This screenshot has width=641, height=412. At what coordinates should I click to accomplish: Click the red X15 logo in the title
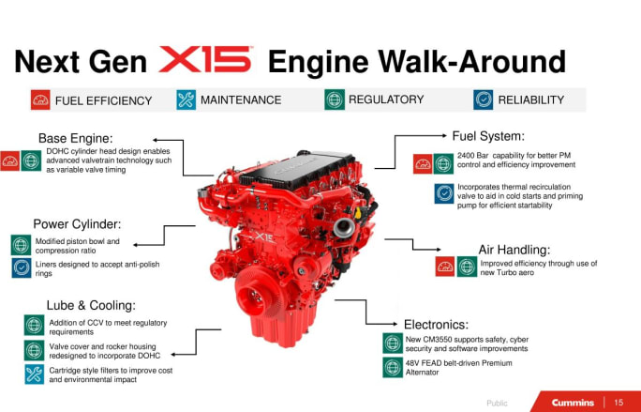[206, 61]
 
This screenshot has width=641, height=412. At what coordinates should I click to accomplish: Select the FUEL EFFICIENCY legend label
[103, 100]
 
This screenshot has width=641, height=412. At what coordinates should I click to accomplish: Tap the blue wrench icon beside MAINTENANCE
[186, 99]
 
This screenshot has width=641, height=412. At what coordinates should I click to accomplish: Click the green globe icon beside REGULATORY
[334, 99]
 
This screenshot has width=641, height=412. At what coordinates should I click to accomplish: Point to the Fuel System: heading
[487, 136]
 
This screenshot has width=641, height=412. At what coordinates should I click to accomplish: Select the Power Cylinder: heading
[77, 224]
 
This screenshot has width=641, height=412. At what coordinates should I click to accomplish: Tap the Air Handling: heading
[514, 250]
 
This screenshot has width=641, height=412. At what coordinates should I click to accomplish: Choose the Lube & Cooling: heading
[91, 305]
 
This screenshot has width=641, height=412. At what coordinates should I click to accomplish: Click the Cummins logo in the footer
[572, 403]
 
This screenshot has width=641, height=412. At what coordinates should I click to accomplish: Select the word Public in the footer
[497, 403]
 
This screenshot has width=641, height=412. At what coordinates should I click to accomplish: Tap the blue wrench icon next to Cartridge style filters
[34, 375]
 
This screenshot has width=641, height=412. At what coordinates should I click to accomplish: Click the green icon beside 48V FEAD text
[393, 367]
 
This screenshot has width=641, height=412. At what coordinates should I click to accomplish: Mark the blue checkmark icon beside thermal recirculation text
[444, 194]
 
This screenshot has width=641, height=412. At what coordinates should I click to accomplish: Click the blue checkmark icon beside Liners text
[22, 268]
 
